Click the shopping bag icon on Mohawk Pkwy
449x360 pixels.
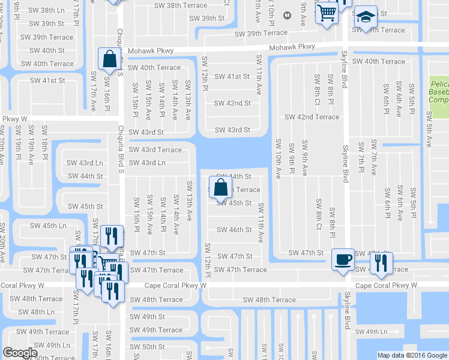[109, 59]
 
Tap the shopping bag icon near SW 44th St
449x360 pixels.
[220, 187]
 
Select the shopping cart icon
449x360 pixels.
[326, 13]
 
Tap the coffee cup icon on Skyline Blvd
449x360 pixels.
[343, 259]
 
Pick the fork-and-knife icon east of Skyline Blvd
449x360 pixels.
[381, 263]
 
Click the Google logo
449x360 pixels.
[20, 353]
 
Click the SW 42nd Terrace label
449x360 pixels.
[312, 117]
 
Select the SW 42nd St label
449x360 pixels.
[233, 103]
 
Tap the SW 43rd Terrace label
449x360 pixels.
[155, 149]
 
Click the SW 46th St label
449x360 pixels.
[234, 230]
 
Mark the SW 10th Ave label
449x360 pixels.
[279, 159]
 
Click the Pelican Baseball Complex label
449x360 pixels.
[440, 92]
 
